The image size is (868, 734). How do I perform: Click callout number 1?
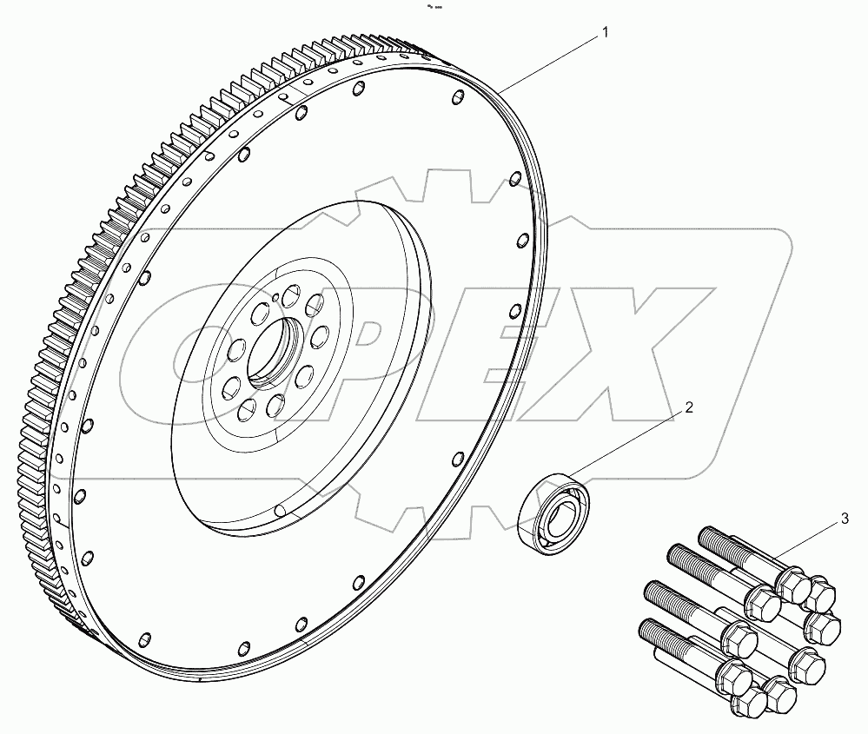coord(606,32)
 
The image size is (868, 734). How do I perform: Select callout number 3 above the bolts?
coord(844,520)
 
